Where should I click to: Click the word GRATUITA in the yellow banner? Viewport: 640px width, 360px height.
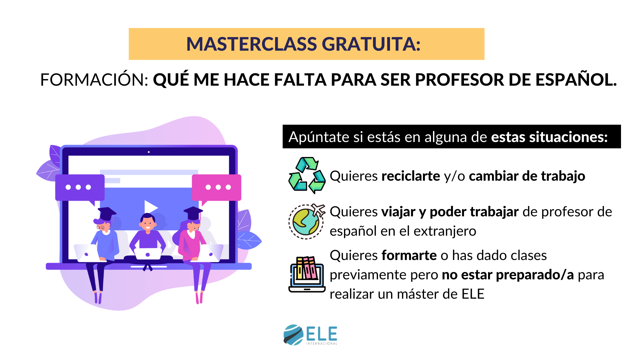pos(371,44)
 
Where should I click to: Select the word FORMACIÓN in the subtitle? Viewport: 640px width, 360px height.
pos(94,80)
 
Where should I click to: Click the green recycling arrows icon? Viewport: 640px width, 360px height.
pos(307,175)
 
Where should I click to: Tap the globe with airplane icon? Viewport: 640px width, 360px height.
pos(307,221)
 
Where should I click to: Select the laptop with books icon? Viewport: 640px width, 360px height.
pos(307,274)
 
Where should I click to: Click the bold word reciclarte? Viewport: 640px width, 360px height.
pos(411,176)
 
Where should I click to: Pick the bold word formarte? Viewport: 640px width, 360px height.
pos(409,256)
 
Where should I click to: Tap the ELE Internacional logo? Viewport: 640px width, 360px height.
pos(310,335)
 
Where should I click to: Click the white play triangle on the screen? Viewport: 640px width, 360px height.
pos(151,207)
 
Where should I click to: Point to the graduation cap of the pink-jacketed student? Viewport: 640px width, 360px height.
pos(193,213)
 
